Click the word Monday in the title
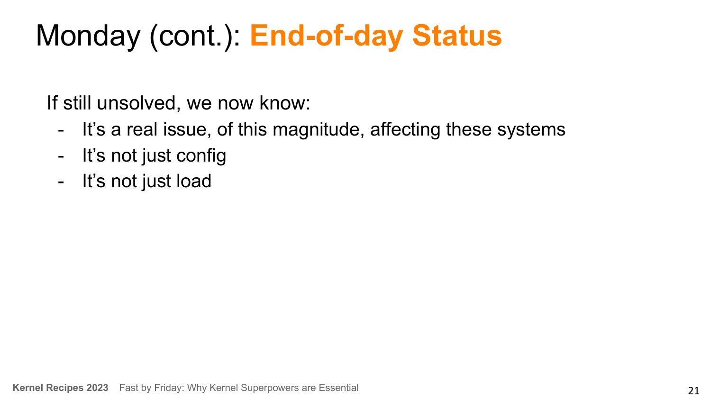[x=88, y=36]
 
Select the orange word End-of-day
[x=326, y=36]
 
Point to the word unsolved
[x=139, y=103]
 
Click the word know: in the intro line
[x=285, y=103]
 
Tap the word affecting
[x=405, y=130]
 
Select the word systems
[x=531, y=130]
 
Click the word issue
[x=187, y=130]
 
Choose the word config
[x=201, y=156]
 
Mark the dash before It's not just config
[x=61, y=156]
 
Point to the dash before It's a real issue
[x=61, y=130]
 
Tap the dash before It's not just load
[x=61, y=182]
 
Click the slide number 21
[x=693, y=391]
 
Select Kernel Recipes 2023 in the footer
[x=60, y=388]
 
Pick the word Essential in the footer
[x=338, y=388]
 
